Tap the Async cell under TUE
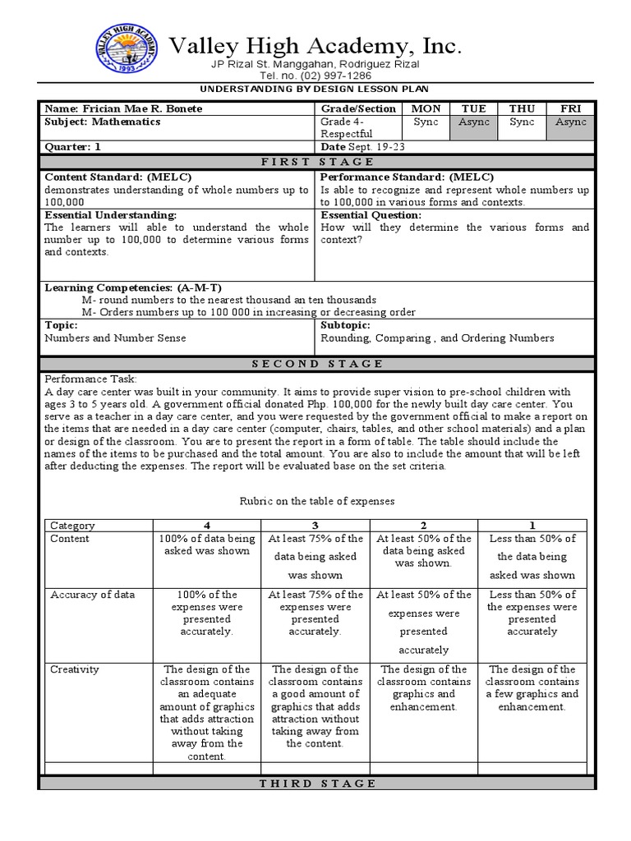coord(474,122)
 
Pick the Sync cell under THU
coord(522,122)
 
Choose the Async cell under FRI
coord(570,122)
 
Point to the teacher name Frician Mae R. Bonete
coord(122,108)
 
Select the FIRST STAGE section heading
coord(316,162)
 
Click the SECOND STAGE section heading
coord(316,363)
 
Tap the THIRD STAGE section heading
coord(316,784)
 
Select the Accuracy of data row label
coord(92,595)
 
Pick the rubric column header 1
coord(532,526)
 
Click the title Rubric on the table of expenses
coord(316,500)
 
